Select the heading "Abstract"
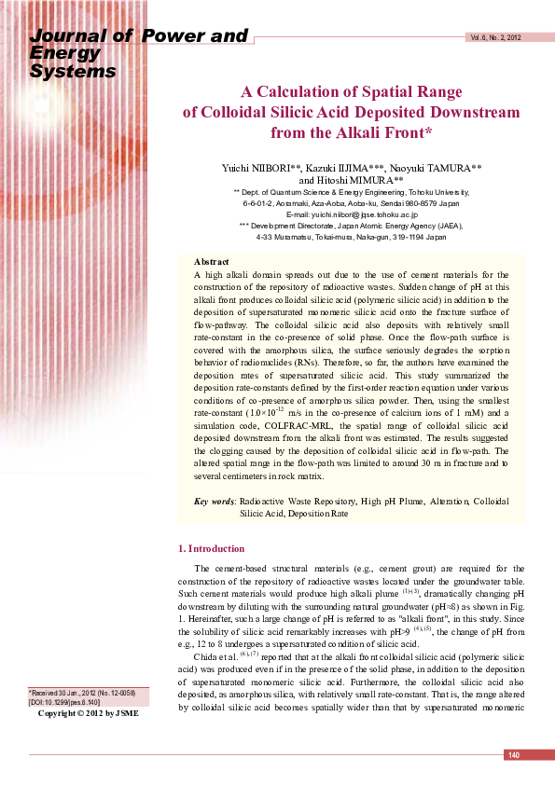pyautogui.click(x=211, y=261)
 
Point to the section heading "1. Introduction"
pyautogui.click(x=211, y=548)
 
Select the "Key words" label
pyautogui.click(x=214, y=502)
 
